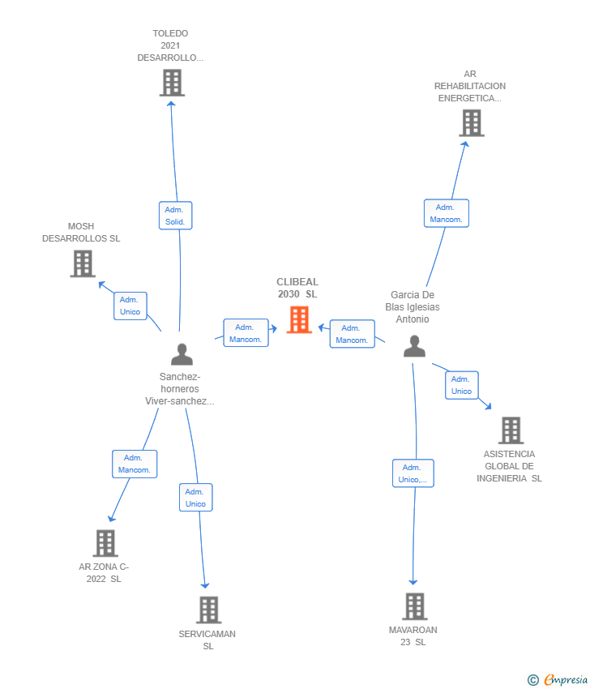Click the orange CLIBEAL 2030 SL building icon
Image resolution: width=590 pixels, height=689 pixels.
click(299, 319)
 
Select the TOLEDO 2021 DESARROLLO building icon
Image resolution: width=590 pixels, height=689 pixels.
click(172, 83)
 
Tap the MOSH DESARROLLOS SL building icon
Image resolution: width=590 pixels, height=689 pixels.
click(83, 263)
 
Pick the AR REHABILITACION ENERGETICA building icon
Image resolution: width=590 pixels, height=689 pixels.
click(471, 122)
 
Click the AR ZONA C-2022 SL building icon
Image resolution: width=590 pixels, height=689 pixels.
click(105, 543)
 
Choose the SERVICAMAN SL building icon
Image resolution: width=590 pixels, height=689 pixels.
click(208, 610)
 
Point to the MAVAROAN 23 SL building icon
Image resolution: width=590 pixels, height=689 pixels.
click(414, 606)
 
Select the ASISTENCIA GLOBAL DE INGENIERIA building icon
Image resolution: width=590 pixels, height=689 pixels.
click(511, 430)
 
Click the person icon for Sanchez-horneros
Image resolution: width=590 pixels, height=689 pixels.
click(182, 354)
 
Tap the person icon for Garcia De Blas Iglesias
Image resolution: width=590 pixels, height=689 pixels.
click(414, 346)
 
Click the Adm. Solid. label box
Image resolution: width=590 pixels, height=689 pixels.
click(175, 216)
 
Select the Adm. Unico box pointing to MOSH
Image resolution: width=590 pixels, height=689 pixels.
click(130, 306)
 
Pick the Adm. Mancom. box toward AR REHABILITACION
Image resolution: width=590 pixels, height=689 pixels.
click(446, 213)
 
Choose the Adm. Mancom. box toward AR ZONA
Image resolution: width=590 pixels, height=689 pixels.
click(134, 464)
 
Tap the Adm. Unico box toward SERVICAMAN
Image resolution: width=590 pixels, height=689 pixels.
click(195, 498)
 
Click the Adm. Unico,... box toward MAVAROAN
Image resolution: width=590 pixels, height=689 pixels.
click(413, 473)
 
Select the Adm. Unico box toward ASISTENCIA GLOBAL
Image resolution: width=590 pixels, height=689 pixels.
click(461, 385)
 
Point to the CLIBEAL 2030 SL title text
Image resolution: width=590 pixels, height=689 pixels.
click(297, 288)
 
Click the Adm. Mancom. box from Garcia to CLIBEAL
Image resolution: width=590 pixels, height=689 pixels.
click(352, 334)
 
